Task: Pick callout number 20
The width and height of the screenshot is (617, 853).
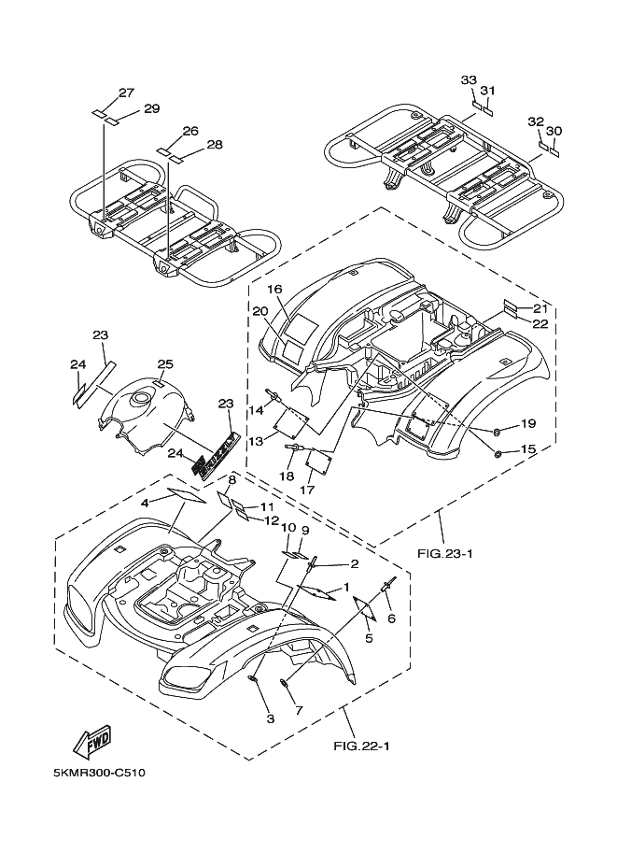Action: [x=260, y=311]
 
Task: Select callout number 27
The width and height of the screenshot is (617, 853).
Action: [x=126, y=92]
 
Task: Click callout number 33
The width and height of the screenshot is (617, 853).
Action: [x=469, y=80]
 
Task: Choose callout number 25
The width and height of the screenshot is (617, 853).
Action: [x=165, y=363]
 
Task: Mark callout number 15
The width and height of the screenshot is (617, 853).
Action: [x=527, y=449]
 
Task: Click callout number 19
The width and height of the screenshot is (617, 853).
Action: [x=527, y=423]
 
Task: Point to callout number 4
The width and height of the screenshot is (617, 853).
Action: [x=145, y=503]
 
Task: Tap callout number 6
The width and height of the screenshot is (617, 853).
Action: [x=392, y=618]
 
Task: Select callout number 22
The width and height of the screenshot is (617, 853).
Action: [x=540, y=324]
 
